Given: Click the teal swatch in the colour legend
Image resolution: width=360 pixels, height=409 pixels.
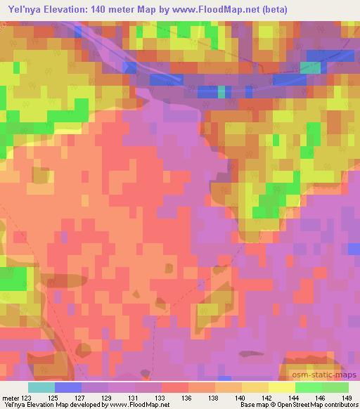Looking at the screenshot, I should coord(41,387).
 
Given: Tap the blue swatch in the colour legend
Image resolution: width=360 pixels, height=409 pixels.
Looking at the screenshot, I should coord(68,387).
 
